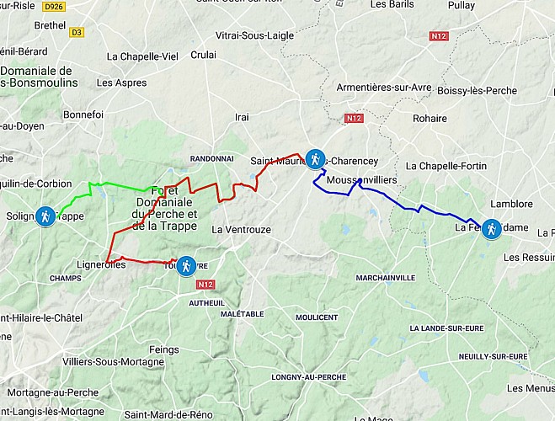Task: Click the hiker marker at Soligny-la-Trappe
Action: tap(47, 216)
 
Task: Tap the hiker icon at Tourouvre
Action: tap(187, 266)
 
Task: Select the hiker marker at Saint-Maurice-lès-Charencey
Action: tap(314, 158)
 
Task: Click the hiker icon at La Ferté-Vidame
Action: tap(491, 228)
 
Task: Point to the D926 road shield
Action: tap(53, 6)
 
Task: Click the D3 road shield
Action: tap(77, 33)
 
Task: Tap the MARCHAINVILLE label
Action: tap(385, 277)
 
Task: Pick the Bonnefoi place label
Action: tap(83, 114)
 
